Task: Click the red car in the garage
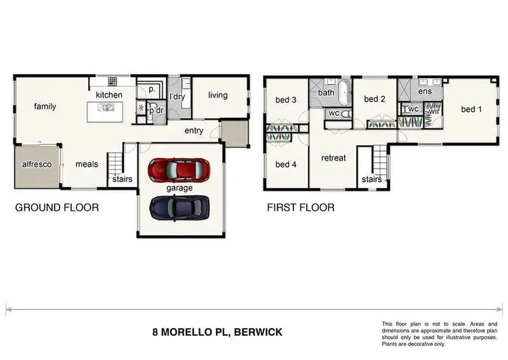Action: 179,170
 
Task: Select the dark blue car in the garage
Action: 179,208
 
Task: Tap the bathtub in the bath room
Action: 345,92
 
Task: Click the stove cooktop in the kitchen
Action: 112,81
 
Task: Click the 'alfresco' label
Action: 37,165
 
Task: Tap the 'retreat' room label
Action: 333,158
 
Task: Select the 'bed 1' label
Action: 471,109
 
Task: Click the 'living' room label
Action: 217,96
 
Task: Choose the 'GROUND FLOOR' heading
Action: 57,207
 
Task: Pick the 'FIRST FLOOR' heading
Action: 301,207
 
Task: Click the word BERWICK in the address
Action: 258,332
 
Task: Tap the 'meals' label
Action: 87,165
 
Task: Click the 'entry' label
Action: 194,131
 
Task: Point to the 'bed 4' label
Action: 286,165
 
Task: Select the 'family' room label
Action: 45,106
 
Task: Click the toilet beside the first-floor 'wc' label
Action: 346,113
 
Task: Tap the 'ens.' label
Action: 426,92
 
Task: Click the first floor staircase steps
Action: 380,160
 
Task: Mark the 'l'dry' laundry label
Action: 177,96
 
